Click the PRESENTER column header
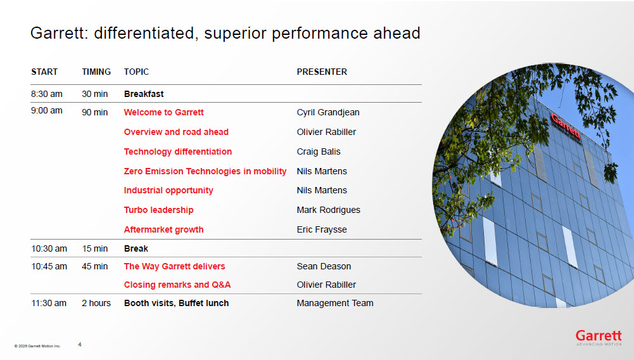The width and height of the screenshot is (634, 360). [322, 72]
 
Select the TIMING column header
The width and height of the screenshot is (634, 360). [96, 72]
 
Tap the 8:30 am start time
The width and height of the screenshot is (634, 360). [47, 94]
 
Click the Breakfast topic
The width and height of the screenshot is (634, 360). [144, 94]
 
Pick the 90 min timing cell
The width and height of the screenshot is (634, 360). [95, 112]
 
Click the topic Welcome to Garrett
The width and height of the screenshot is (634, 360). [164, 112]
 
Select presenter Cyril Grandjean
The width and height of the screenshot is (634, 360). [328, 112]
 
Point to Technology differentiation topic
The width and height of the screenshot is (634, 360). [178, 151]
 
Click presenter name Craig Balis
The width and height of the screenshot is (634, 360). [319, 151]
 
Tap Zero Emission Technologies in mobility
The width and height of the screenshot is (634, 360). [205, 171]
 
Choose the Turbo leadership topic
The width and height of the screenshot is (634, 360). [159, 210]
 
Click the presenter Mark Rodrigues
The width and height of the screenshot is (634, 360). [328, 210]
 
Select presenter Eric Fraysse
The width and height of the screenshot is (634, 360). [322, 229]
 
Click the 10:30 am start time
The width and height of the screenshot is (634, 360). [49, 248]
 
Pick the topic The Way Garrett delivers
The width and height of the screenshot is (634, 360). [175, 266]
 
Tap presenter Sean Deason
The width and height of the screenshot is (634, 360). [324, 266]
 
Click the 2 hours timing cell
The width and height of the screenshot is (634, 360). [96, 303]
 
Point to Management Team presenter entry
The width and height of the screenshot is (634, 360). [335, 303]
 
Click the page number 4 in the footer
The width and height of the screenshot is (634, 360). [80, 345]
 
